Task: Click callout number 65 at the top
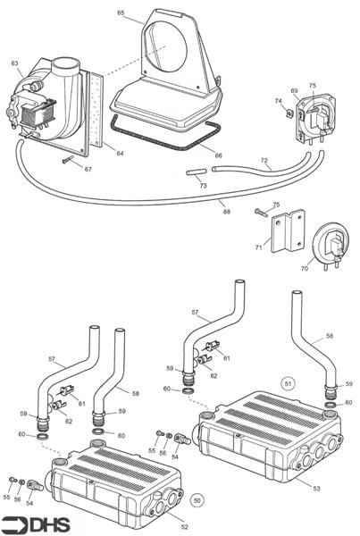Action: point(121,14)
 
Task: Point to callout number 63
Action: point(14,63)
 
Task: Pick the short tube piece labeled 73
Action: point(197,173)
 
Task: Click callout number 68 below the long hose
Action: point(226,212)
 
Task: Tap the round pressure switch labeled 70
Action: point(325,243)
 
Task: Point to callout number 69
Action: point(294,91)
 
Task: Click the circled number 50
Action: point(197,501)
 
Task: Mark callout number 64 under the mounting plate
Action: point(119,154)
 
